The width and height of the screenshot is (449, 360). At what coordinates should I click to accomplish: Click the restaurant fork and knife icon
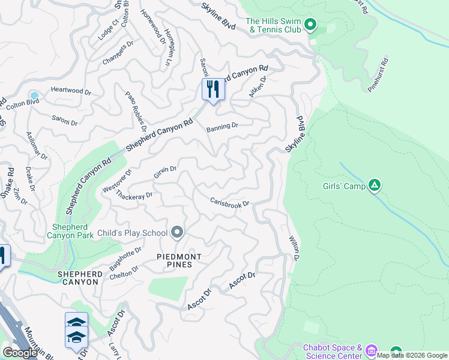(x=213, y=90)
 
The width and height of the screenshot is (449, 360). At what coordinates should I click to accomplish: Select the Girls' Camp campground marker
(x=375, y=185)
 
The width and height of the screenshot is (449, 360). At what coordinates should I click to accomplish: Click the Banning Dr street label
(x=222, y=127)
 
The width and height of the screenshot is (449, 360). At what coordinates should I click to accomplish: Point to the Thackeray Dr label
(x=134, y=196)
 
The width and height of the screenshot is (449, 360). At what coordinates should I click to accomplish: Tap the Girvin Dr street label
(x=165, y=172)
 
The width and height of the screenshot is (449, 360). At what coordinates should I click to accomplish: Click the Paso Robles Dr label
(x=136, y=111)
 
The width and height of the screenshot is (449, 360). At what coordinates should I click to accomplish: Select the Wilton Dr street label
(x=294, y=248)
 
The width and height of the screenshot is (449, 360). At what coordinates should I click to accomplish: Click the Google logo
(x=20, y=353)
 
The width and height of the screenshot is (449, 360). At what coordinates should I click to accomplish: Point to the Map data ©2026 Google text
(x=412, y=355)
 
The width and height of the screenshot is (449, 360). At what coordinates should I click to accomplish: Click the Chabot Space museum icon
(x=371, y=350)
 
